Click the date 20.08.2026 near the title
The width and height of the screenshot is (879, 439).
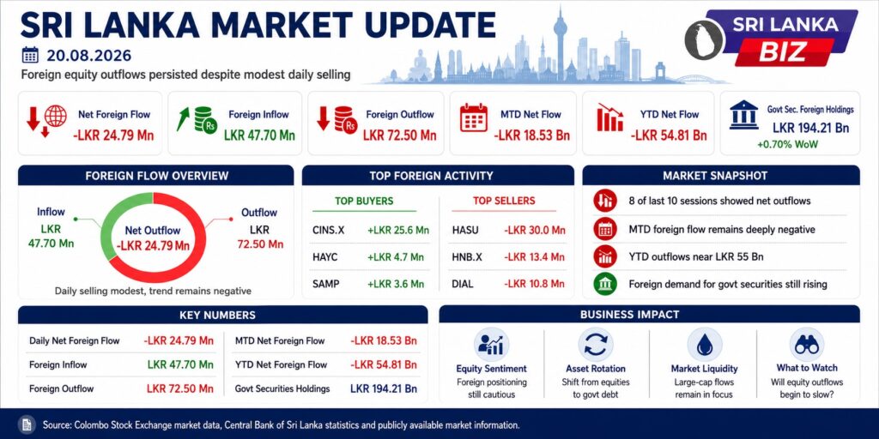pyautogui.click(x=89, y=56)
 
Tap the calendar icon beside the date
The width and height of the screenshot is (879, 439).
pyautogui.click(x=30, y=55)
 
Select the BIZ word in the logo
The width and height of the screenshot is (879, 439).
pyautogui.click(x=783, y=51)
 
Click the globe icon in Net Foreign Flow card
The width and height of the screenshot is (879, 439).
pyautogui.click(x=56, y=116)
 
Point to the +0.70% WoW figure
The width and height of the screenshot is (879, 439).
pyautogui.click(x=787, y=144)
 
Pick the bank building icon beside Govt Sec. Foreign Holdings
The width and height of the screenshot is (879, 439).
pyautogui.click(x=744, y=115)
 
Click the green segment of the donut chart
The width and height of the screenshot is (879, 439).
pyautogui.click(x=115, y=224)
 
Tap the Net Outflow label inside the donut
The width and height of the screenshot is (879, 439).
pyautogui.click(x=153, y=230)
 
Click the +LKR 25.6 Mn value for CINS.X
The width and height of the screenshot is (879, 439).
pyautogui.click(x=398, y=230)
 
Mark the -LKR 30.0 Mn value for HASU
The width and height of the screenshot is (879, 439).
pyautogui.click(x=534, y=230)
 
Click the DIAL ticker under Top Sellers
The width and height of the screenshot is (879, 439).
pyautogui.click(x=463, y=284)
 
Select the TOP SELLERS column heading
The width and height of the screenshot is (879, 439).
pyautogui.click(x=504, y=201)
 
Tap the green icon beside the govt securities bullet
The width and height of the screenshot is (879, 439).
pyautogui.click(x=605, y=284)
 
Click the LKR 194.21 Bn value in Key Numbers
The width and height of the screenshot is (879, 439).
pyautogui.click(x=384, y=388)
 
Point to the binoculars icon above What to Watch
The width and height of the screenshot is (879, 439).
pyautogui.click(x=807, y=345)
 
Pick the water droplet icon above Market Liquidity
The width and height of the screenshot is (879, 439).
pyautogui.click(x=704, y=345)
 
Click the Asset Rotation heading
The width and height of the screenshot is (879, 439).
pyautogui.click(x=596, y=369)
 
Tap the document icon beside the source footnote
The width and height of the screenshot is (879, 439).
pyautogui.click(x=27, y=424)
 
